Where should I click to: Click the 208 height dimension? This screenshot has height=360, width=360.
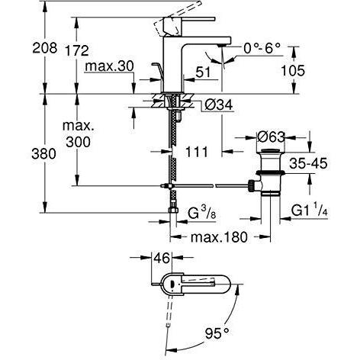45,47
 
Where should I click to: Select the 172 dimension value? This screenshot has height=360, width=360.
77,50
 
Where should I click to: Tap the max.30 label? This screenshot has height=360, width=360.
109,66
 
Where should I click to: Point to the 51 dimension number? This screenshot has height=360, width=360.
203,72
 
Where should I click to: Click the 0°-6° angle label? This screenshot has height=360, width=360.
262,48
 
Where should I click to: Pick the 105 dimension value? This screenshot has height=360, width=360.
293,70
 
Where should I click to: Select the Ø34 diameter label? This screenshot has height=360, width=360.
219,104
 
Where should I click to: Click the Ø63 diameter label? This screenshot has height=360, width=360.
271,137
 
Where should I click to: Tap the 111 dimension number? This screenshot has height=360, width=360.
197,152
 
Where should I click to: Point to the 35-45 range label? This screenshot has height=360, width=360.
308,163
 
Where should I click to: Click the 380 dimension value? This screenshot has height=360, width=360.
43,154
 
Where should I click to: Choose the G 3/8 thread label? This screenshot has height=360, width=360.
202,214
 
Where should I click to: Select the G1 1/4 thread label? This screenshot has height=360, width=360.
309,211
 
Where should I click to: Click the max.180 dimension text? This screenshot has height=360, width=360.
219,237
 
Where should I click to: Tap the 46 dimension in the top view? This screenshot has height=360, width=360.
162,259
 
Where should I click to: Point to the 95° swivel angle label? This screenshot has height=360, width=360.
217,333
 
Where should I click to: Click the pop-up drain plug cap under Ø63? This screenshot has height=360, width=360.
271,150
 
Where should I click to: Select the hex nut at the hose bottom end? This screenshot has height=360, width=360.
172,211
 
